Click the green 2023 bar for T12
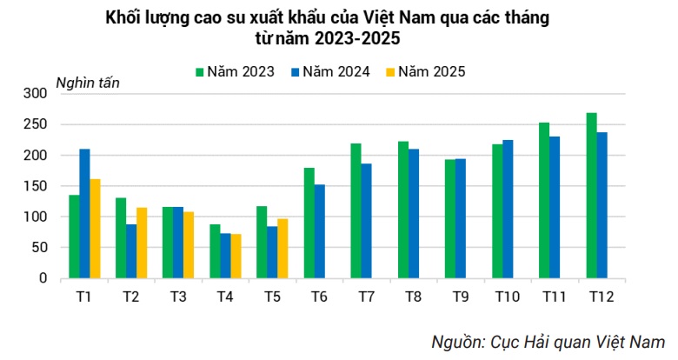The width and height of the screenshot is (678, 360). pos(591,196)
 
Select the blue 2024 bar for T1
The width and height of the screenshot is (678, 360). pos(84,214)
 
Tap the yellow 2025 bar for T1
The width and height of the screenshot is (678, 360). pos(96,229)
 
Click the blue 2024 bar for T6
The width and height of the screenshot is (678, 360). pos(320,231)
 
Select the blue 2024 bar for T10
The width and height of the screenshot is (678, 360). pos(508,210)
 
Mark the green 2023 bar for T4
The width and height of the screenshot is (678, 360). pos(215,251)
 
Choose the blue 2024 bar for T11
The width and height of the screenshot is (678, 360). pos(555,208)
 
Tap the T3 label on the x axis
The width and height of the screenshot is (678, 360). pos(177,297)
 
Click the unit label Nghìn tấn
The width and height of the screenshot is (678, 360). pos(88,83)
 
